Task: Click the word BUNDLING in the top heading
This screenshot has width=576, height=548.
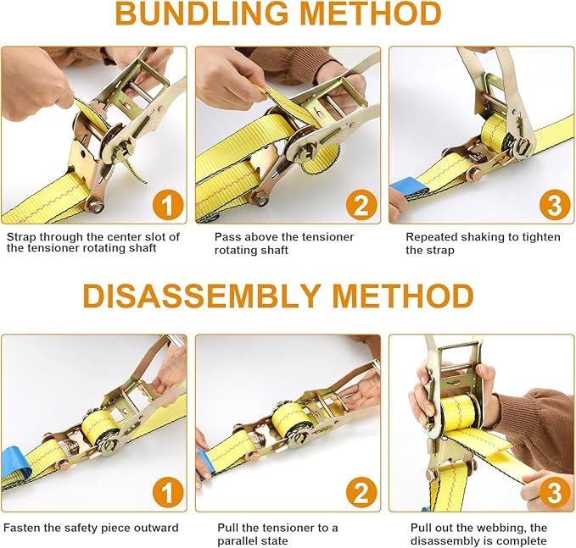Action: tap(201, 14)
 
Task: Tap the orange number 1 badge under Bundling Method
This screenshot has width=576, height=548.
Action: tap(168, 206)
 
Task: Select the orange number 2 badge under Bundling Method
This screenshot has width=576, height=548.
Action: tap(361, 206)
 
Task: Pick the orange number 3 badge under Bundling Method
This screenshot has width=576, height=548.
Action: tap(555, 206)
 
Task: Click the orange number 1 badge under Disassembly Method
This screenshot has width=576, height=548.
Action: tap(168, 493)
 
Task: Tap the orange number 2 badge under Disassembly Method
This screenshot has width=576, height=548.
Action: tap(361, 493)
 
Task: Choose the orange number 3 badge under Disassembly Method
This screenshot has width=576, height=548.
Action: tap(555, 493)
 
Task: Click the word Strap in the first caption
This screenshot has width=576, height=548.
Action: tap(21, 237)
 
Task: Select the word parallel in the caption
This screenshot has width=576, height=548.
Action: tap(239, 541)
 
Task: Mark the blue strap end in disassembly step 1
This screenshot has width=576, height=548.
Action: tap(14, 462)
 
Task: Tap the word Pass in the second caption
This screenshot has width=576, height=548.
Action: tap(226, 237)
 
